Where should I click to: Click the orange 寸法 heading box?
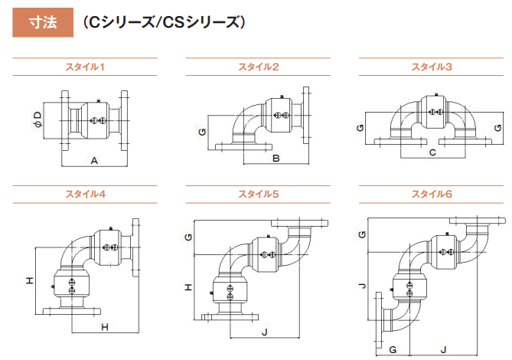pyautogui.click(x=41, y=23)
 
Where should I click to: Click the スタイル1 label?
pyautogui.click(x=85, y=67)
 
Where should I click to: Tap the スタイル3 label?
pyautogui.click(x=432, y=67)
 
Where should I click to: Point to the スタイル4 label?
pyautogui.click(x=85, y=194)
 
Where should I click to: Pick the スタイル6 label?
pyautogui.click(x=432, y=194)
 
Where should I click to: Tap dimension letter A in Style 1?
pyautogui.click(x=93, y=161)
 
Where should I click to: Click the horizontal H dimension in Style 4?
pyautogui.click(x=106, y=327)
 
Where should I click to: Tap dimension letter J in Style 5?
pyautogui.click(x=264, y=332)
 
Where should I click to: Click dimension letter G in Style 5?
pyautogui.click(x=188, y=237)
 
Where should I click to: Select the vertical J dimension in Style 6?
pyautogui.click(x=363, y=288)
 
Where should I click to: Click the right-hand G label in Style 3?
pyautogui.click(x=497, y=126)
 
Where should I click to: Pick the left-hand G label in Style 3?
pyautogui.click(x=359, y=126)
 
